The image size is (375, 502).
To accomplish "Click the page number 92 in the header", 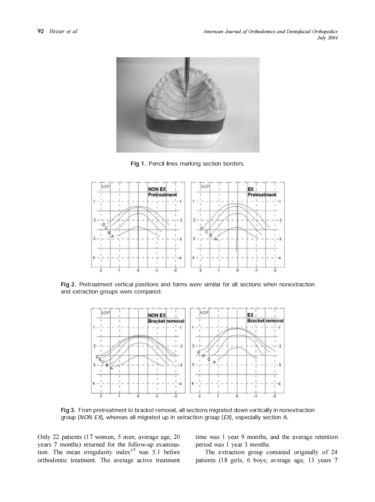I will tap(40, 31).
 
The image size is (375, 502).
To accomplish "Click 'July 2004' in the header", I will tap(327, 38).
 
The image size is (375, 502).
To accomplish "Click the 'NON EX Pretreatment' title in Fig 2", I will tap(162, 192).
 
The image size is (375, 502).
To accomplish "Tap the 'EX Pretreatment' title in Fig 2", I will tap(262, 192).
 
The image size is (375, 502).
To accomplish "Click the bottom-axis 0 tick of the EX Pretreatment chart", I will tap(237, 270).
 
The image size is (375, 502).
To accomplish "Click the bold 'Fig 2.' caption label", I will tap(68, 285).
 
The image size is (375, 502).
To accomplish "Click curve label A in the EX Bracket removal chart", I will tap(214, 361).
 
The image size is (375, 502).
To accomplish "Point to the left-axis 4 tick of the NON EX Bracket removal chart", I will tap(94, 384).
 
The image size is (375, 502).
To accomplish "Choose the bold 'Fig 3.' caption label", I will tap(68, 410).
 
